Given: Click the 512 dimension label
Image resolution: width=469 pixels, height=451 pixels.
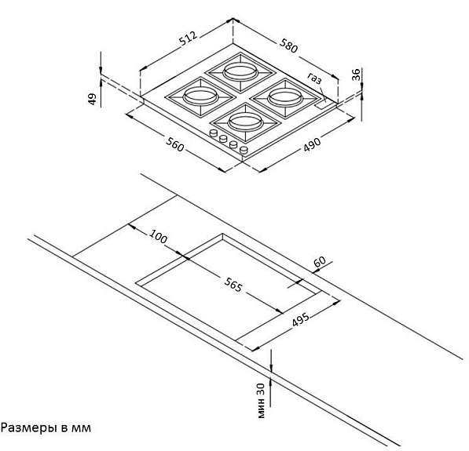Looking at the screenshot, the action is tap(189, 38).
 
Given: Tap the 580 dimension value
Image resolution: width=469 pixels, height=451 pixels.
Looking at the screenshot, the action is tap(288, 45).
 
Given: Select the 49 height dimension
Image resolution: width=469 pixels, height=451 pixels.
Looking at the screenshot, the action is tap(93, 99).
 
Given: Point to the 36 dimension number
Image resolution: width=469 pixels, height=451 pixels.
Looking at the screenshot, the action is tap(356, 75).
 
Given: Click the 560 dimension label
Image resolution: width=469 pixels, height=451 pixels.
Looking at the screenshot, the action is tap(174, 144).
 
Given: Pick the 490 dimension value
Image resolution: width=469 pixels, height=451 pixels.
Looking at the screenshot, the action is tap(312, 144).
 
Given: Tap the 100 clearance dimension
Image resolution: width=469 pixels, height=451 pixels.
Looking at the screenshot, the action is tap(158, 236).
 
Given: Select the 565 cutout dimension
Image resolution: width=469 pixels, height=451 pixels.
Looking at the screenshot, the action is tap(233, 285).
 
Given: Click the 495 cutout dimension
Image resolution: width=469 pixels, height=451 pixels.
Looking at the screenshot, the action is tap(301, 319).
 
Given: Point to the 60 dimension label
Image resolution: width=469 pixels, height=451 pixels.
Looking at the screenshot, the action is tap(320, 262).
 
